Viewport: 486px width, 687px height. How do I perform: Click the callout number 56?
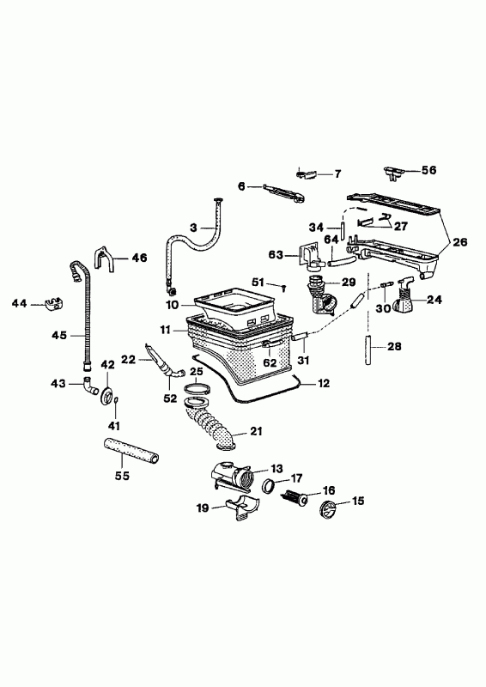coord(429,170)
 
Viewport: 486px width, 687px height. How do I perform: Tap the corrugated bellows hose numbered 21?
coord(210,424)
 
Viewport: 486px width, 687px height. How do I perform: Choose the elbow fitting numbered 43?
coord(91,386)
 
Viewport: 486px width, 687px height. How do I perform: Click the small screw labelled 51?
coord(283,288)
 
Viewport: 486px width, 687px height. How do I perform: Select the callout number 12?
coord(324,383)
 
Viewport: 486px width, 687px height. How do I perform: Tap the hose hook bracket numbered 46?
coord(103,259)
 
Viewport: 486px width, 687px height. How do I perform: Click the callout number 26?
coord(460,241)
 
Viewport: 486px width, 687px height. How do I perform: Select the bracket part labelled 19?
coord(242,508)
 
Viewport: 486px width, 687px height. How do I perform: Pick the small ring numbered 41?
coord(116,399)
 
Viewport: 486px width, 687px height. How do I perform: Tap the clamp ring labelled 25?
coord(197,388)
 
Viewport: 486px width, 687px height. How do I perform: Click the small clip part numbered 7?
coord(306,174)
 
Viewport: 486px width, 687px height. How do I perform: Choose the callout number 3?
coord(194,228)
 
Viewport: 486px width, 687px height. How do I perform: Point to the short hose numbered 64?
coord(341,262)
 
